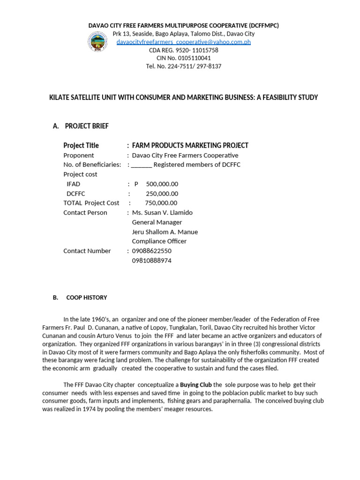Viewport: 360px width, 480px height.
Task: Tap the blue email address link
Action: pyautogui.click(x=184, y=42)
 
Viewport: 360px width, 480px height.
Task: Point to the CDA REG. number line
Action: pyautogui.click(x=184, y=50)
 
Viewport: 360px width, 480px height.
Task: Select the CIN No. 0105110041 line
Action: pyautogui.click(x=184, y=58)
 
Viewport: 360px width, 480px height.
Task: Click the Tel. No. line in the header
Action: pyautogui.click(x=184, y=66)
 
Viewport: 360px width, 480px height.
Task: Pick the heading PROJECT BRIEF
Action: pyautogui.click(x=87, y=126)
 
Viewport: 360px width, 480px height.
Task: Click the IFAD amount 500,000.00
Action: pyautogui.click(x=162, y=184)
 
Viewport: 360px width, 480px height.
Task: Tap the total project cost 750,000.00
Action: pyautogui.click(x=161, y=203)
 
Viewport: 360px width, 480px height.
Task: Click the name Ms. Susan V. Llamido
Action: pyautogui.click(x=162, y=212)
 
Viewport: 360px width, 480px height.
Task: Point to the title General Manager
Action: pyautogui.click(x=157, y=222)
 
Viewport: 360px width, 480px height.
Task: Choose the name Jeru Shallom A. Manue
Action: pyautogui.click(x=165, y=232)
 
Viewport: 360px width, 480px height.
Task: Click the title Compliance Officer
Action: pyautogui.click(x=159, y=241)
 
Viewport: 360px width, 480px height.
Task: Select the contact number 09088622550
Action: pyautogui.click(x=152, y=251)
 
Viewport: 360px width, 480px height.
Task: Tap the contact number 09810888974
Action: pyautogui.click(x=152, y=260)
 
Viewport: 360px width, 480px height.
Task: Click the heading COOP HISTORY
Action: pyautogui.click(x=87, y=298)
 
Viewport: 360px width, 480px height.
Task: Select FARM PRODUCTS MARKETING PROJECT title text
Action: pyautogui.click(x=190, y=145)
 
